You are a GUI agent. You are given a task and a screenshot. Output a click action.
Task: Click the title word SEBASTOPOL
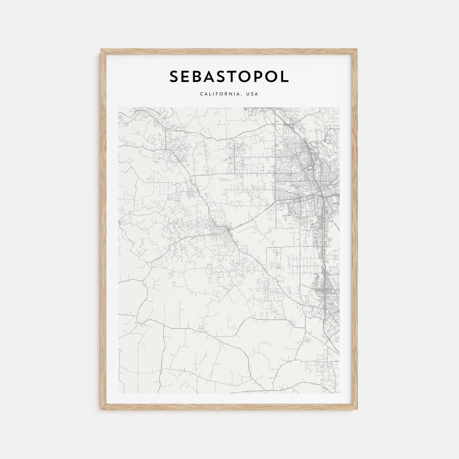(x=229, y=76)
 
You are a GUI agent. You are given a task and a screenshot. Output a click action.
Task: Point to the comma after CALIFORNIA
(x=242, y=95)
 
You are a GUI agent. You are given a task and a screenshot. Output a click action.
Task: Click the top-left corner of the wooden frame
(x=102, y=50)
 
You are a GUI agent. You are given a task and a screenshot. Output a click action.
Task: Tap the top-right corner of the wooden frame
(x=357, y=50)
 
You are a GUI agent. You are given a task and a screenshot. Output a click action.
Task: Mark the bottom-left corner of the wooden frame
(x=102, y=409)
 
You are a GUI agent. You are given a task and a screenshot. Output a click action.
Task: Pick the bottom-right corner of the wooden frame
(x=357, y=409)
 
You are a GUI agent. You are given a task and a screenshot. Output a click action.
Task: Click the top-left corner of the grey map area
(x=119, y=108)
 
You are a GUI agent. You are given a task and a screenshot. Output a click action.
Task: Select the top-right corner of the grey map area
(x=339, y=108)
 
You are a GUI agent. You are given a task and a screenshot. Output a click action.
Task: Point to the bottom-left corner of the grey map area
(x=119, y=393)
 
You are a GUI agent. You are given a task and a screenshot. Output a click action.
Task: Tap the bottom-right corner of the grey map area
(x=339, y=393)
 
